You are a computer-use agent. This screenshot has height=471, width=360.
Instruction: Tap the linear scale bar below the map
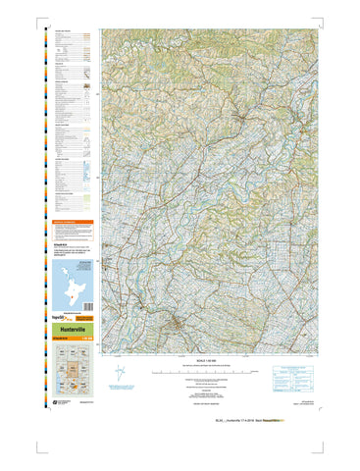pos(206,373)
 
